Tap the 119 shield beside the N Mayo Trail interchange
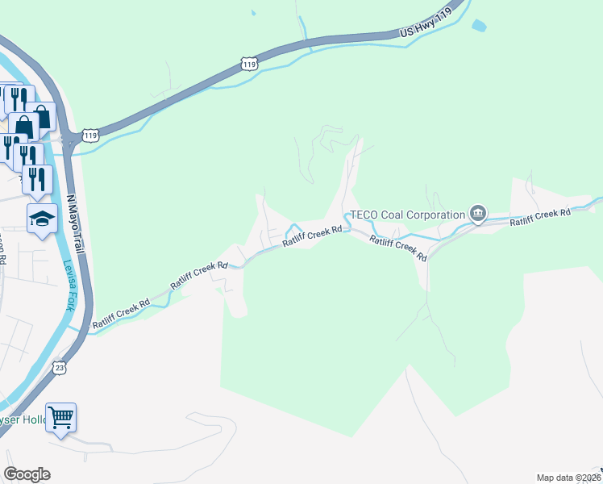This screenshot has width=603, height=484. [90, 136]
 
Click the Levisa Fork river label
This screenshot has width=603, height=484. [71, 283]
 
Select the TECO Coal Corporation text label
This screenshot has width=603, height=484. [406, 215]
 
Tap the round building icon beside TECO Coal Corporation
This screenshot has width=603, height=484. [478, 214]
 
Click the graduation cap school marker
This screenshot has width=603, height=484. [42, 219]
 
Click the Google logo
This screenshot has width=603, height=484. [27, 474]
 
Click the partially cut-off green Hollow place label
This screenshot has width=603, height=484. [24, 420]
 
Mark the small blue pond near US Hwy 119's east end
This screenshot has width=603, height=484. [478, 26]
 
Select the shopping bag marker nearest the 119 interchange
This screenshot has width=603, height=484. [42, 119]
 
